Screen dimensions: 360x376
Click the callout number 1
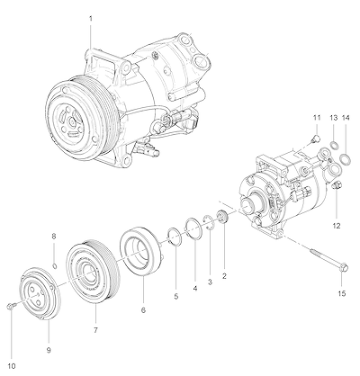pyautogui.click(x=91, y=19)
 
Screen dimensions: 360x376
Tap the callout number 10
pyautogui.click(x=12, y=366)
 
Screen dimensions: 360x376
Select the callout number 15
pyautogui.click(x=342, y=293)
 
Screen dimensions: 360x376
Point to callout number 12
pyautogui.click(x=337, y=226)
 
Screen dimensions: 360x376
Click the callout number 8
pyautogui.click(x=54, y=237)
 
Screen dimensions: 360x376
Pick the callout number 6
pyautogui.click(x=143, y=310)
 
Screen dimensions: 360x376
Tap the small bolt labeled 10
pyautogui.click(x=10, y=306)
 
